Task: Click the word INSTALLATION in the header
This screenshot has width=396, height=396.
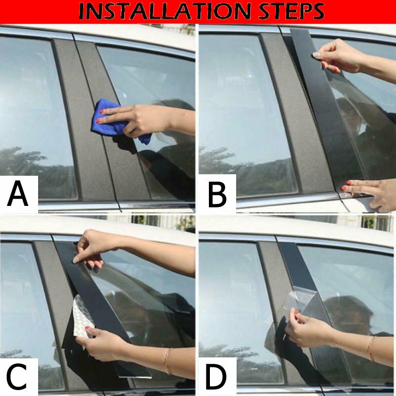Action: click(x=165, y=11)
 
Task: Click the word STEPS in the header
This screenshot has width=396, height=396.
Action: click(x=292, y=11)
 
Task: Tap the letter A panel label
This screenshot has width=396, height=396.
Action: click(x=17, y=194)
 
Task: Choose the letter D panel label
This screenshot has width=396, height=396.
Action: click(x=216, y=377)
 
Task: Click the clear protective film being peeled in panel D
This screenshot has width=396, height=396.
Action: click(x=300, y=303)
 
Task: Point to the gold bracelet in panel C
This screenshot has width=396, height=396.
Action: click(x=167, y=361)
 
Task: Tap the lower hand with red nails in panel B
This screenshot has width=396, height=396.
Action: click(x=369, y=195)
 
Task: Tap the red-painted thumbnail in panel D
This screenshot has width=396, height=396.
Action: click(x=297, y=313)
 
